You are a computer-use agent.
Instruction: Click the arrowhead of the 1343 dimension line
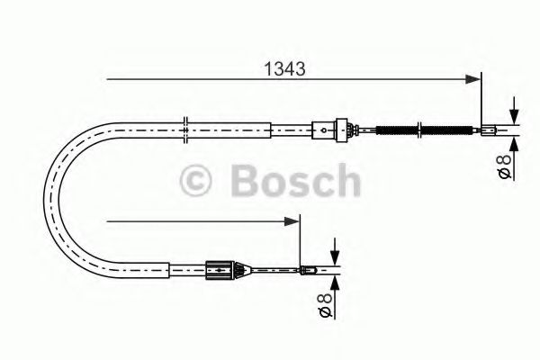click(475, 79)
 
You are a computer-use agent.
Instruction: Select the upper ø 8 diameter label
click(505, 167)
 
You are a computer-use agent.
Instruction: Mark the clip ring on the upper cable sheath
click(184, 130)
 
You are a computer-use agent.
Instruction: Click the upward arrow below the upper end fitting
click(514, 142)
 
